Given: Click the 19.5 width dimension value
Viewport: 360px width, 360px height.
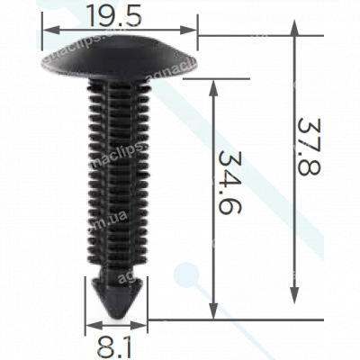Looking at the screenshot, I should click(121, 15).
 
